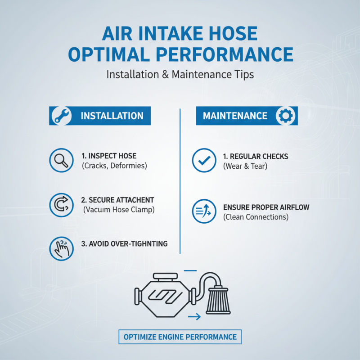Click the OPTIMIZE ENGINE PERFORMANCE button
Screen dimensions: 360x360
click(180, 337)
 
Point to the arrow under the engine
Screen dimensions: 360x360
click(194, 318)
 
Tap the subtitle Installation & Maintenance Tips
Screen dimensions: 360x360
click(180, 74)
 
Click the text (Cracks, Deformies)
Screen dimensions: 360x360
click(114, 166)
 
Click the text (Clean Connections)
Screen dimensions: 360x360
click(256, 217)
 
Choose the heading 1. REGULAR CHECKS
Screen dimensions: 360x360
click(256, 157)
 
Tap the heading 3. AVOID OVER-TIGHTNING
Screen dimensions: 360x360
click(125, 243)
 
